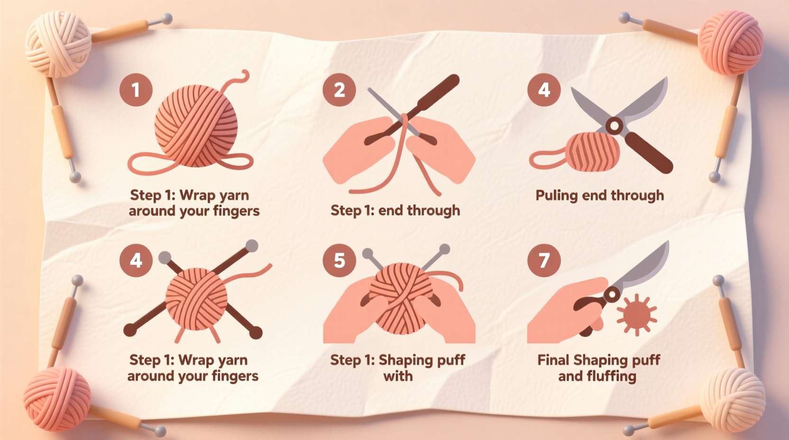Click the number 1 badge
click(136, 90)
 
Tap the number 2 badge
click(339, 90)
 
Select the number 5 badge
click(339, 260)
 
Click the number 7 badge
click(544, 260)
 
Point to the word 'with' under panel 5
click(398, 376)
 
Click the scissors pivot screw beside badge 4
click(615, 126)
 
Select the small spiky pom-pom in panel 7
click(636, 314)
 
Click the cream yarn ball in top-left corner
click(58, 44)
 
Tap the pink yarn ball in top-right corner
click(730, 43)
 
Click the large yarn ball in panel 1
click(196, 126)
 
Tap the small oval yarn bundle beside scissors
click(593, 152)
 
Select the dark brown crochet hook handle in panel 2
click(439, 93)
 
